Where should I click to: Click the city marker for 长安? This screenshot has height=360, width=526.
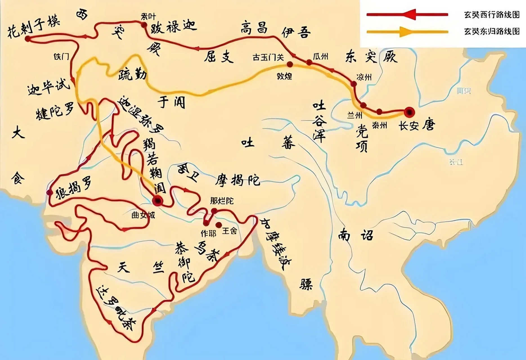click(x=409, y=112)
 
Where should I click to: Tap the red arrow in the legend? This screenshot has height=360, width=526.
click(x=408, y=14)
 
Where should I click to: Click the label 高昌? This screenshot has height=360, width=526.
click(x=254, y=28)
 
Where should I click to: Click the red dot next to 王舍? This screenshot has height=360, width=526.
click(x=218, y=224)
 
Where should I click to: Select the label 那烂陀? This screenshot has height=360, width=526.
click(x=222, y=201)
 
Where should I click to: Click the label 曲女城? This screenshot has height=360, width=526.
click(x=143, y=215)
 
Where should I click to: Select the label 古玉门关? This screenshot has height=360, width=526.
click(x=268, y=57)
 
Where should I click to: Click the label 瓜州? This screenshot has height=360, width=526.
click(x=320, y=57)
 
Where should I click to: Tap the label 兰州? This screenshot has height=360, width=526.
click(x=354, y=115)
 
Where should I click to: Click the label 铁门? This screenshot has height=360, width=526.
click(x=61, y=56)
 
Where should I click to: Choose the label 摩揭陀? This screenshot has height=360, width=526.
click(x=237, y=180)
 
